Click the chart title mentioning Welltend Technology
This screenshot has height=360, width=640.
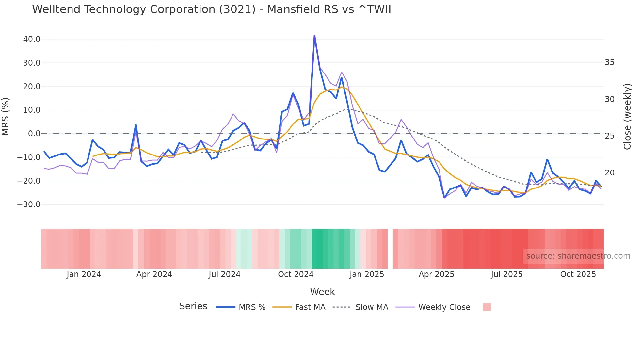click(211, 9)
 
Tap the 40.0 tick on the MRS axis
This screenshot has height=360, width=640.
click(32, 39)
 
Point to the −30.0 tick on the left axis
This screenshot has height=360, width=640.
click(29, 205)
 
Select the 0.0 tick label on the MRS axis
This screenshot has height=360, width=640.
click(34, 134)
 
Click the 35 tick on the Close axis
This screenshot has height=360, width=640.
click(609, 62)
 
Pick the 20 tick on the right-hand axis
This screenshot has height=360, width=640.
click(609, 172)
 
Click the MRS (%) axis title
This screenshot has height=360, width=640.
click(6, 116)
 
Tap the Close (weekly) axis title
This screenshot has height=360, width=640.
click(627, 116)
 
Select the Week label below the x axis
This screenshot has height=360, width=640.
click(322, 292)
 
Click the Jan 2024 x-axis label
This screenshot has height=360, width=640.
click(84, 274)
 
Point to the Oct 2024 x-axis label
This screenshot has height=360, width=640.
click(296, 274)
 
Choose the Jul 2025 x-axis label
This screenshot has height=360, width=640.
click(506, 274)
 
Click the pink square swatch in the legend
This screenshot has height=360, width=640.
click(487, 307)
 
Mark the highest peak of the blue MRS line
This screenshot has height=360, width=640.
click(314, 36)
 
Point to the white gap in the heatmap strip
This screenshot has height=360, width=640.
click(390, 249)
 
